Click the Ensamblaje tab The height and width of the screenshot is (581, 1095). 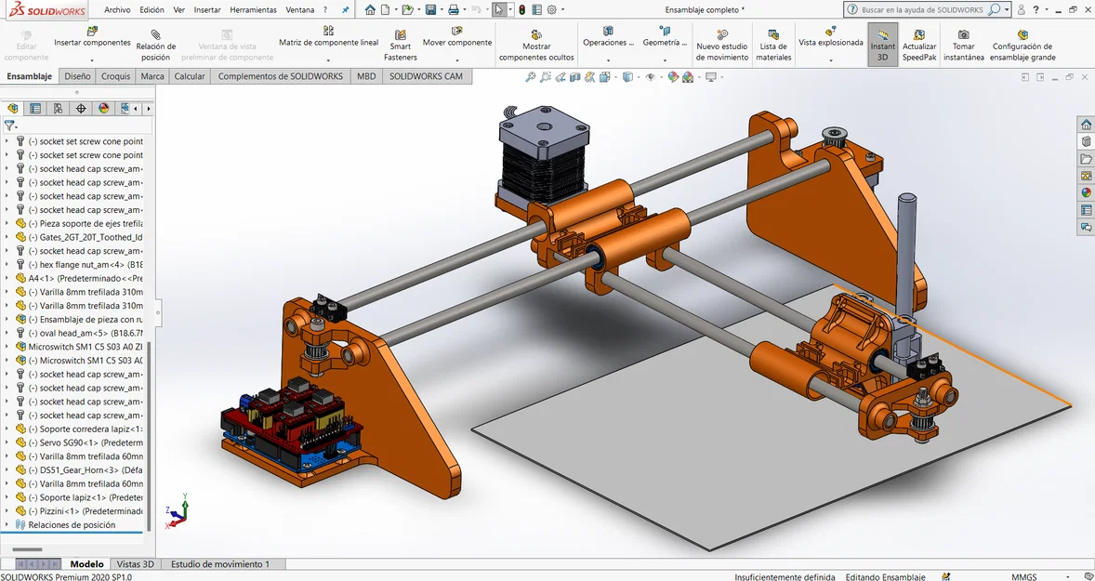click(x=30, y=76)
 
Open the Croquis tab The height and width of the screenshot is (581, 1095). click(x=115, y=76)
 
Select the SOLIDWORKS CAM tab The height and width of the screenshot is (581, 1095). click(x=426, y=76)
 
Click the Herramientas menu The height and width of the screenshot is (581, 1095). click(x=253, y=9)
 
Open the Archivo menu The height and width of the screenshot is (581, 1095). click(x=117, y=9)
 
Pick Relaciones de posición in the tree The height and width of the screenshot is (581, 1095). click(x=72, y=525)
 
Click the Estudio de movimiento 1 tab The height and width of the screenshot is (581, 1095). click(x=220, y=564)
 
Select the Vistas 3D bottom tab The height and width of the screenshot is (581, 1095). click(x=135, y=564)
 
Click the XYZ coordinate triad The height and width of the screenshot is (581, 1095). click(x=177, y=514)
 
